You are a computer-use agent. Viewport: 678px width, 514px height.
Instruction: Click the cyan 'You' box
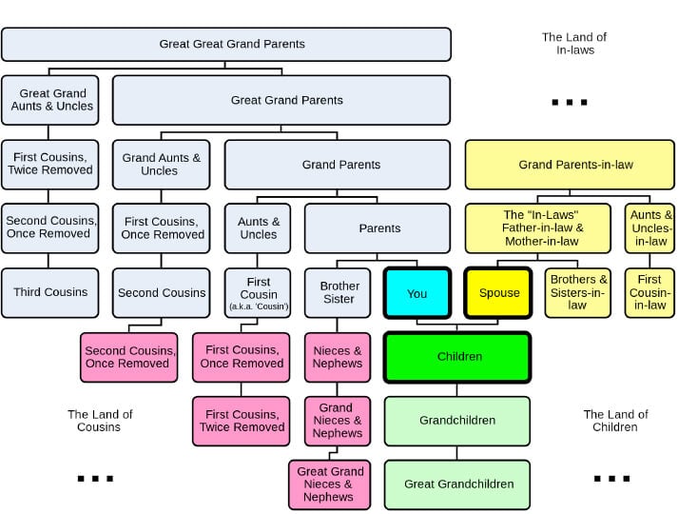click(x=416, y=293)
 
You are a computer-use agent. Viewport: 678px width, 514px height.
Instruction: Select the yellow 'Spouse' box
click(x=499, y=293)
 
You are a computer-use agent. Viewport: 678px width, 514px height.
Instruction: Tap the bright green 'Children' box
click(x=457, y=357)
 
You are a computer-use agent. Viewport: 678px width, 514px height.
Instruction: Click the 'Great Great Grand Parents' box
click(x=226, y=44)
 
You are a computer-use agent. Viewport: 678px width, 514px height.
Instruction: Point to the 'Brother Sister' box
click(x=339, y=293)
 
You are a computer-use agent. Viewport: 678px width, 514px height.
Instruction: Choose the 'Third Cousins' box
click(x=50, y=293)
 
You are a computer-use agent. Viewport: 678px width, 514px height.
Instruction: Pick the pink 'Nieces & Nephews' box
click(x=338, y=357)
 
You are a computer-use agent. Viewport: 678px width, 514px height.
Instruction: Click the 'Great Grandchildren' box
click(x=457, y=484)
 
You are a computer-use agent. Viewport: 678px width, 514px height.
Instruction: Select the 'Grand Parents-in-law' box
click(x=574, y=165)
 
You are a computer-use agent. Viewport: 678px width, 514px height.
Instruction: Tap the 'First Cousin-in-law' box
click(x=649, y=293)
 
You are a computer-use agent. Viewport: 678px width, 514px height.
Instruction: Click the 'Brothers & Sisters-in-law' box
click(x=577, y=293)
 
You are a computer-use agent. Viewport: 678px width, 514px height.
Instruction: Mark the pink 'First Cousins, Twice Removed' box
click(x=242, y=421)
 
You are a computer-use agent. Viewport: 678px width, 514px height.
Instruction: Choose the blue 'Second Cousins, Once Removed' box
click(x=50, y=228)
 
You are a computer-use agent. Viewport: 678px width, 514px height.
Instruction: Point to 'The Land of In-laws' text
click(x=574, y=44)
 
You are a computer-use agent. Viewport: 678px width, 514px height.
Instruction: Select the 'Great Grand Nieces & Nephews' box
click(x=331, y=484)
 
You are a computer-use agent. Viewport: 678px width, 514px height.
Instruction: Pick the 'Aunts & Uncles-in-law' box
click(x=650, y=228)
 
